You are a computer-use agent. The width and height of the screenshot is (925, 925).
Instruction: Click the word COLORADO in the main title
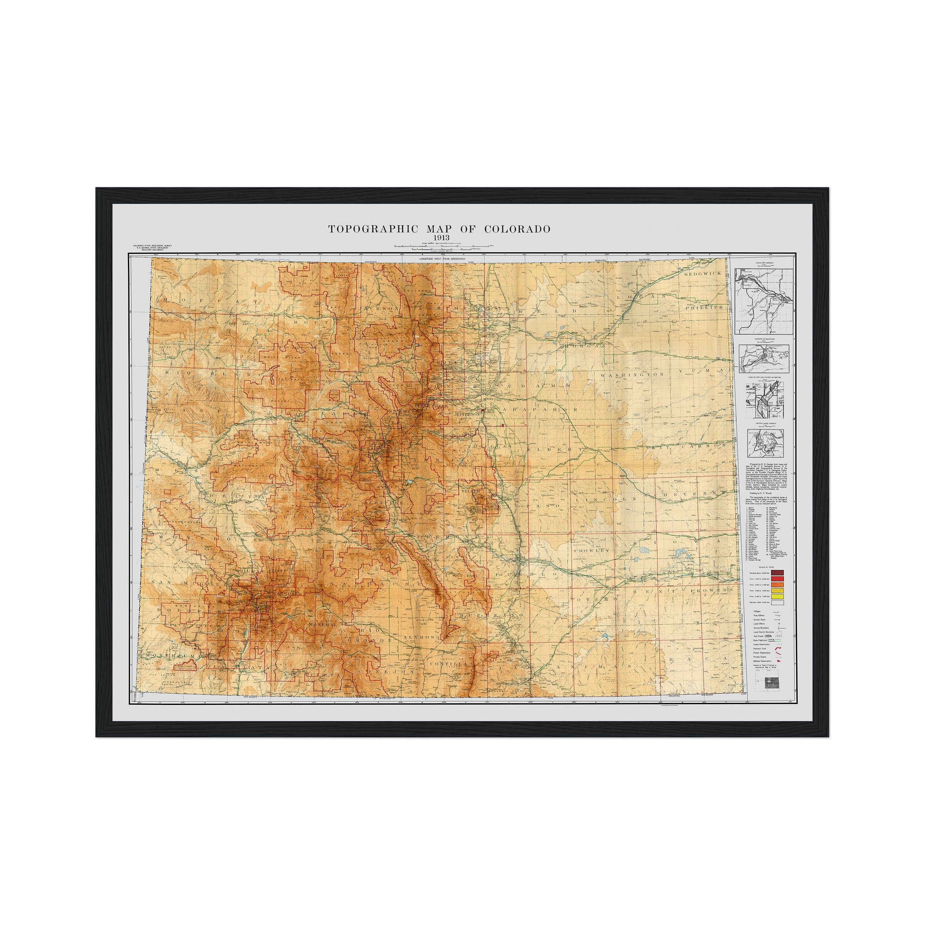pyautogui.click(x=517, y=229)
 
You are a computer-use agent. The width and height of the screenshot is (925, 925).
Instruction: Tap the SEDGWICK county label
pyautogui.click(x=702, y=273)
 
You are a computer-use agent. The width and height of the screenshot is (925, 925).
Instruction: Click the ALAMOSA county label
pyautogui.click(x=421, y=638)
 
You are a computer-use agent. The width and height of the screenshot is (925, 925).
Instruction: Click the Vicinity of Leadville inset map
pyautogui.click(x=763, y=359)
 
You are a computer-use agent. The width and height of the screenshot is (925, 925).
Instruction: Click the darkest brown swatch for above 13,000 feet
pyautogui.click(x=777, y=573)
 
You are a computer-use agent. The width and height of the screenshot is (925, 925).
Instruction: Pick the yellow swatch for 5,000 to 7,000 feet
pyautogui.click(x=777, y=596)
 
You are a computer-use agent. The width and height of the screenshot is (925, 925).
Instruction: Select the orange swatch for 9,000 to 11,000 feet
pyautogui.click(x=777, y=585)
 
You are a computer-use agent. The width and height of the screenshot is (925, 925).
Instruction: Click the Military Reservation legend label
pyautogui.click(x=763, y=661)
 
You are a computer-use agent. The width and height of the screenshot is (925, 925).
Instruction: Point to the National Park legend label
pyautogui.click(x=760, y=649)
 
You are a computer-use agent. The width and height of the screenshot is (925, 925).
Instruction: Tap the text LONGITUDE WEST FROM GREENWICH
pyautogui.click(x=442, y=259)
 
